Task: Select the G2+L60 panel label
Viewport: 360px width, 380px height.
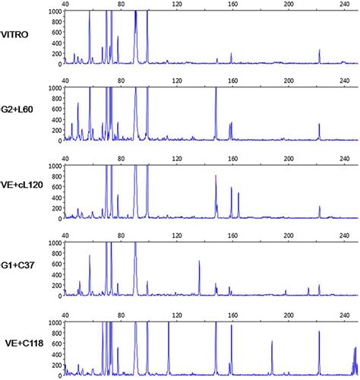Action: pos(17,116)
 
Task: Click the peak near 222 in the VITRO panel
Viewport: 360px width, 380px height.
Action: pos(320,50)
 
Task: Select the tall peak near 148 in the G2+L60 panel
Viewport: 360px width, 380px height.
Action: pos(216,90)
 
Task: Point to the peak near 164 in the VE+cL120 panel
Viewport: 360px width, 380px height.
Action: pos(238,193)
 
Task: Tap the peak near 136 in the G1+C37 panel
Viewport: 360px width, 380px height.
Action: pos(200,261)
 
